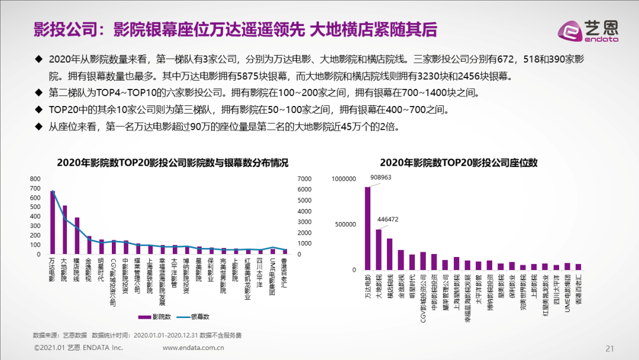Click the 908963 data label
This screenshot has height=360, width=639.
coord(381,177)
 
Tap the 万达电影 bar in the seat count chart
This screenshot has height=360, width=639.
coord(367,229)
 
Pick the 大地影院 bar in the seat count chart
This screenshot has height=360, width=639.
coord(379,249)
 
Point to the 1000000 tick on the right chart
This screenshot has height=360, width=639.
coord(344,178)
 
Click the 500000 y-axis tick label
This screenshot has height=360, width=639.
coord(346,224)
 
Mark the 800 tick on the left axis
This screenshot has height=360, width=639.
coord(35,179)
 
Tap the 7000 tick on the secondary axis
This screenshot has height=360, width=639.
coord(304,179)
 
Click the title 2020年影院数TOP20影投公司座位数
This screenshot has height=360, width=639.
coord(459,162)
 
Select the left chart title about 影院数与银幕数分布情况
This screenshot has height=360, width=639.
coord(164,163)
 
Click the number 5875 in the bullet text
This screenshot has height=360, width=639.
coord(319,77)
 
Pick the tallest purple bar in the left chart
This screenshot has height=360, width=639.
coord(53,223)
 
